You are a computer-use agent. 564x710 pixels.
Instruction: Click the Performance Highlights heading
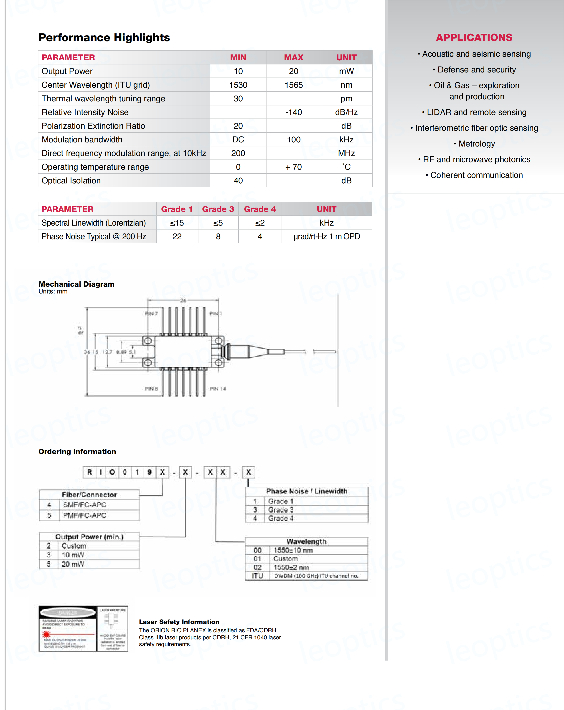[x=104, y=38]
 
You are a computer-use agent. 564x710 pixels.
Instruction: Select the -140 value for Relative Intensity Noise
[x=293, y=112]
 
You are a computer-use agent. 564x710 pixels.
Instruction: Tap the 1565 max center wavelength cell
[x=293, y=85]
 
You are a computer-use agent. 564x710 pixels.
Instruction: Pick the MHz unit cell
[x=346, y=153]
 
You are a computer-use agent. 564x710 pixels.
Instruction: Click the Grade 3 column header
[x=218, y=209]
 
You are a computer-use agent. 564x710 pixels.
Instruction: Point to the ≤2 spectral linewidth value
[x=260, y=223]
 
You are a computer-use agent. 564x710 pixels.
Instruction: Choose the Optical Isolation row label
[x=71, y=180]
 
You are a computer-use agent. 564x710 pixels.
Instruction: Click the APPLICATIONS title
[x=474, y=38]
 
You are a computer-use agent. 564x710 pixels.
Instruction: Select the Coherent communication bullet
[x=476, y=175]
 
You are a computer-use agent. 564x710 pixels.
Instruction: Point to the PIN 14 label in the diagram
[x=218, y=388]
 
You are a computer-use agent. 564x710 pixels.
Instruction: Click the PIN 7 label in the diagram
[x=151, y=314]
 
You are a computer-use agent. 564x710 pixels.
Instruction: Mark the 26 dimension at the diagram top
[x=183, y=300]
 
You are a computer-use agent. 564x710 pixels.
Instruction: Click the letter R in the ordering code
[x=89, y=472]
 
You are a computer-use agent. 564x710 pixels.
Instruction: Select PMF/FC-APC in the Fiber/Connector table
[x=84, y=515]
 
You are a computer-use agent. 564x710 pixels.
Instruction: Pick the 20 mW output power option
[x=73, y=564]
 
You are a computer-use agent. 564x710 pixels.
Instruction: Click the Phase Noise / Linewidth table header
[x=307, y=491]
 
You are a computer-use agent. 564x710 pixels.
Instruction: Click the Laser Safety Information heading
[x=179, y=622]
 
